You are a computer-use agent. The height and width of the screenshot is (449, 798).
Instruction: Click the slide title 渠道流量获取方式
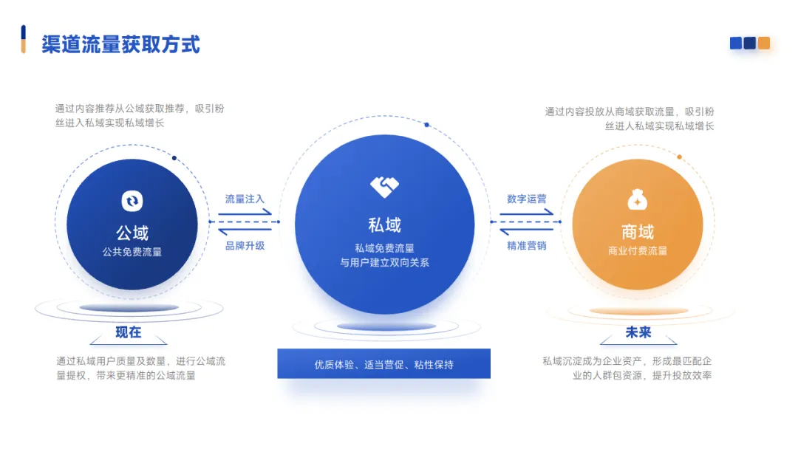point(120,44)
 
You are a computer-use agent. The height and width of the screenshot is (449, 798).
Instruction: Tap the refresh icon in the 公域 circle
point(132,200)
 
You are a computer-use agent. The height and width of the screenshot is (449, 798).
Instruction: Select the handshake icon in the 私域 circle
point(384,186)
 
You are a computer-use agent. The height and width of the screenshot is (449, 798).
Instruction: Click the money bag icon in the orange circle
point(637,199)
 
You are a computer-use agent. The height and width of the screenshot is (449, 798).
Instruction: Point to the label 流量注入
point(245,199)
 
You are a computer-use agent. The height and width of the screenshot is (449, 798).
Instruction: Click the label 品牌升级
point(245,245)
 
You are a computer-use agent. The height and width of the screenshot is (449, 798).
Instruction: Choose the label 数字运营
point(527,199)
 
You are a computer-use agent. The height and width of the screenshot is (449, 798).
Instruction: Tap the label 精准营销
point(527,245)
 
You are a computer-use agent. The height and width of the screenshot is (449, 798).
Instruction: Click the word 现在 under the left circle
point(129,332)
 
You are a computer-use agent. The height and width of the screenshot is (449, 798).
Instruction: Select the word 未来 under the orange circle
point(638,332)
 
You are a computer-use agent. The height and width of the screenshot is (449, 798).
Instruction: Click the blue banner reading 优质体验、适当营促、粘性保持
point(383,364)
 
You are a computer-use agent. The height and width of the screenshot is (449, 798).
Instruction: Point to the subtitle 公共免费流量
point(132,252)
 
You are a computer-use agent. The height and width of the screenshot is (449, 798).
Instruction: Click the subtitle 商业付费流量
point(638,250)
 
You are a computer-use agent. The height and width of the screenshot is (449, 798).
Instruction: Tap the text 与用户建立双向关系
point(384,262)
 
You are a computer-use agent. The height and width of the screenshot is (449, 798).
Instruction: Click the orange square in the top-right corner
point(764,43)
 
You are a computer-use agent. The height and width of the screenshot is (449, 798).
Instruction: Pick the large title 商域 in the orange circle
point(638,231)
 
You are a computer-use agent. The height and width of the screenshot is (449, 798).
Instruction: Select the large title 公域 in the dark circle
point(132,233)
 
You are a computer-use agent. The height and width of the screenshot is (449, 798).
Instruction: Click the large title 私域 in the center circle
point(384,224)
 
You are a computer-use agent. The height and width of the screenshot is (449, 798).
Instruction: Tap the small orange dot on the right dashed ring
point(679,157)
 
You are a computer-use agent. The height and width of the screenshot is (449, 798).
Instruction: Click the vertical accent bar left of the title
point(24,39)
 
